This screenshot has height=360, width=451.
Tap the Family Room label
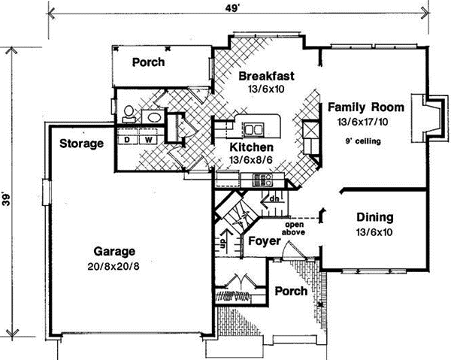365,107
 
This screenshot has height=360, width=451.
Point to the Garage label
114,251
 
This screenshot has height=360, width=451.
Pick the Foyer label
258,243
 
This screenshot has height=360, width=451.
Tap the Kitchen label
251,148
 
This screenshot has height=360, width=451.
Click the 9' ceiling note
365,141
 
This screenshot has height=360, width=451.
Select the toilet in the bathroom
129,113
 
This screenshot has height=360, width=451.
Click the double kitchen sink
252,126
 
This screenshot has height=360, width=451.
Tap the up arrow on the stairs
224,242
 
